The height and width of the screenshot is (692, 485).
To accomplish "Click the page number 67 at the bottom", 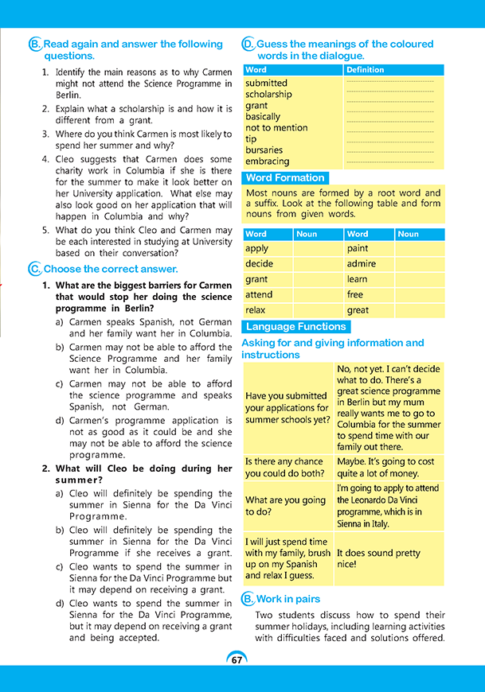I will click(x=237, y=660).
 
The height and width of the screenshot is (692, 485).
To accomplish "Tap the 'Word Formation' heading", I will click(x=284, y=178).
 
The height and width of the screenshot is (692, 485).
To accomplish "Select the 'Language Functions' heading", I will click(x=295, y=327).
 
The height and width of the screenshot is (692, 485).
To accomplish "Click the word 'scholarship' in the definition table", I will click(x=268, y=94).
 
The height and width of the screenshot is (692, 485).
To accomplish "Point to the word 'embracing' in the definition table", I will click(x=267, y=161).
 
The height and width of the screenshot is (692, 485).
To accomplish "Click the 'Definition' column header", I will click(x=365, y=70).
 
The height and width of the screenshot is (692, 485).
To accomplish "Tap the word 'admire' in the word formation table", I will click(x=361, y=263).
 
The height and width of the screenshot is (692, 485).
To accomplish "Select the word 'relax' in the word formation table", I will click(x=255, y=310).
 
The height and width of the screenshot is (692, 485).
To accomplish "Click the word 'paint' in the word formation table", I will click(x=358, y=248).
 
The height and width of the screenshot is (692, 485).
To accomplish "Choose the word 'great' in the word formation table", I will click(x=358, y=310).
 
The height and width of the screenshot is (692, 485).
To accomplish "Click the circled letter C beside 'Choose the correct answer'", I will click(x=33, y=269).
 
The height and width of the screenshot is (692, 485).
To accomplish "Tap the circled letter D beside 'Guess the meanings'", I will click(x=248, y=45).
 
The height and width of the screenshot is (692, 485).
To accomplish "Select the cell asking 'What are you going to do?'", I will click(x=285, y=506).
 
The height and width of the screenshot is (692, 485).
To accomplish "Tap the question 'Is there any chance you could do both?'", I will click(x=285, y=468).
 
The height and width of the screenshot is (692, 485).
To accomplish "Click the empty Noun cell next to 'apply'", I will click(x=318, y=248).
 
